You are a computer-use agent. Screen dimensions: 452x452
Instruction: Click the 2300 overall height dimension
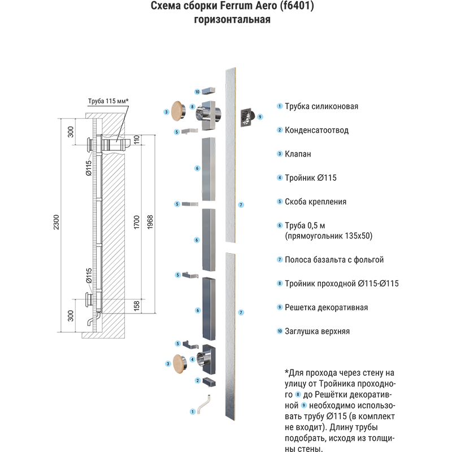(x=56, y=222)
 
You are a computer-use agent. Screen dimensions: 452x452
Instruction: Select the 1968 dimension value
(x=150, y=222)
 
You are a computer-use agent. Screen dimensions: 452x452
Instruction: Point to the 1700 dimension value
(x=136, y=222)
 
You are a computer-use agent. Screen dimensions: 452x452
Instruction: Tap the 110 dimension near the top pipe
(x=136, y=140)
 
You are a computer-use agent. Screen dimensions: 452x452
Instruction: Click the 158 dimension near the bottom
(x=136, y=305)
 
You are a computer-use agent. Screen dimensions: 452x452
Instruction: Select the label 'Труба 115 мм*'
(x=108, y=101)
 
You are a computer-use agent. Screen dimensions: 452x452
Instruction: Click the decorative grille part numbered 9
(x=247, y=117)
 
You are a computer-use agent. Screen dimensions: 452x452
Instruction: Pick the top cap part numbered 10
(x=208, y=91)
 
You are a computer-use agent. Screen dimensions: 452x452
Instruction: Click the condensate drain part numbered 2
(x=209, y=382)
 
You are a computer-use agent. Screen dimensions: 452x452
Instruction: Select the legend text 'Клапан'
(x=298, y=154)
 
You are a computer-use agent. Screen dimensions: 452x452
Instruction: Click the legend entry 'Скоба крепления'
(x=315, y=202)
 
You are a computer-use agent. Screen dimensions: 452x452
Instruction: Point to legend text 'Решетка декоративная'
(x=327, y=307)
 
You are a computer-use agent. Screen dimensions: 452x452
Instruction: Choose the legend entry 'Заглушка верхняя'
(x=317, y=331)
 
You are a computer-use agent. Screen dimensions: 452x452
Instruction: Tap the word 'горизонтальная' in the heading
(x=232, y=20)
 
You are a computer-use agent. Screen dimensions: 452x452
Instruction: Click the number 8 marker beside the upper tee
(x=192, y=107)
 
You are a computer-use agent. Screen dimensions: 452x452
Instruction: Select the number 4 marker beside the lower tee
(x=193, y=359)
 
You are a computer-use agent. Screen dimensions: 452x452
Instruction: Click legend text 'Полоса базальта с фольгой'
(x=334, y=260)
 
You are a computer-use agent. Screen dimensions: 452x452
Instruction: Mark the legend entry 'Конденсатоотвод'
(x=316, y=131)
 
